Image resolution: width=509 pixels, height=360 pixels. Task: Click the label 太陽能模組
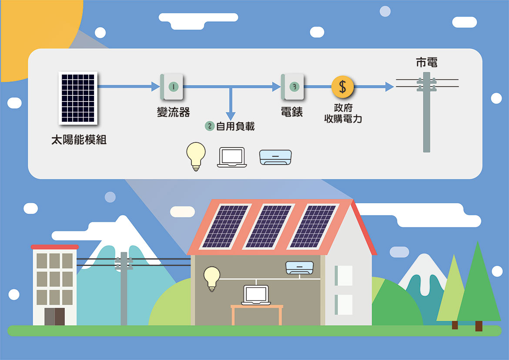click(79, 140)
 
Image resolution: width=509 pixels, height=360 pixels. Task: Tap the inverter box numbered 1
click(172, 87)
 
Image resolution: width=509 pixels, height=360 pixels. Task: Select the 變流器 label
click(173, 112)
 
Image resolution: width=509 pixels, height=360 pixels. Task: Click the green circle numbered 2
click(210, 126)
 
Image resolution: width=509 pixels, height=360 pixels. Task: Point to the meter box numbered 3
click(293, 87)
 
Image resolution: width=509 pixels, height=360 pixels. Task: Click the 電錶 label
click(291, 112)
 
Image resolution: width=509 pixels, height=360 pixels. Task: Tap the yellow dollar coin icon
click(343, 87)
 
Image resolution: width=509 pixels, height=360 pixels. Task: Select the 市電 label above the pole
click(426, 63)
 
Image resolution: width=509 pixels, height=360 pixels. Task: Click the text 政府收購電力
click(343, 113)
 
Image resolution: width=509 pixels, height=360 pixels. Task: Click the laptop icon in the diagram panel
click(231, 157)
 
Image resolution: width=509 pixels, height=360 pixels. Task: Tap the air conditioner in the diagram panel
click(275, 157)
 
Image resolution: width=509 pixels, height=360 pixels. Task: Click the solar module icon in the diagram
click(78, 98)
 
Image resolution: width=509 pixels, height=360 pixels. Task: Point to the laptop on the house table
click(257, 295)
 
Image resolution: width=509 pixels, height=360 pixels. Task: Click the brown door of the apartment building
click(54, 316)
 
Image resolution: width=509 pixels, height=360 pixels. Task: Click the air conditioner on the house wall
click(299, 267)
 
